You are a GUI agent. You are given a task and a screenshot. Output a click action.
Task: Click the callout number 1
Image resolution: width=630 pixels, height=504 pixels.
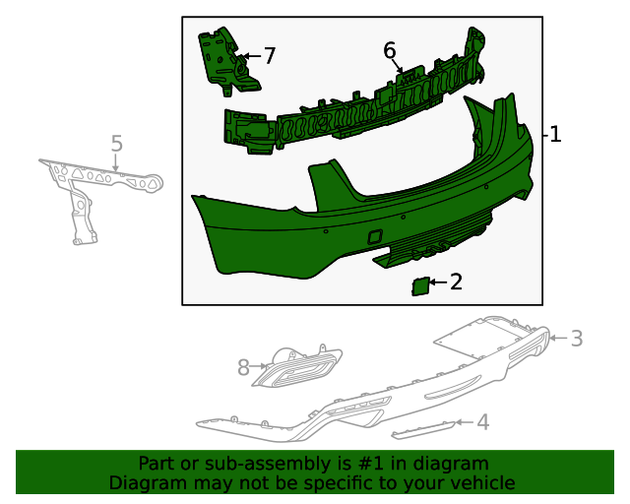click(x=555, y=135)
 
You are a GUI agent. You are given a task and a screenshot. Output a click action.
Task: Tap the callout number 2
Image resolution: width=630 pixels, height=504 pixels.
click(x=456, y=283)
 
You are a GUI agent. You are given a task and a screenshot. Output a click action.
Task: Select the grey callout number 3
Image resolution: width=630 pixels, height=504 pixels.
click(x=577, y=339)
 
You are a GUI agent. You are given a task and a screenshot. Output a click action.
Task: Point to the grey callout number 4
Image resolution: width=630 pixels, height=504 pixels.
click(x=482, y=422)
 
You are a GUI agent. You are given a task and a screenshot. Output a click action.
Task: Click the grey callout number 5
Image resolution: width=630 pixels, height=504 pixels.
click(x=116, y=145)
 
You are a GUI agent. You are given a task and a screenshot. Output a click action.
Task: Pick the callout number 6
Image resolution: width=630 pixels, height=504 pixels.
click(x=390, y=50)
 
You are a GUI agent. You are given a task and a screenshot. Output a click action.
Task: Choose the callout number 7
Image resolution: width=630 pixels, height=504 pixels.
click(x=269, y=56)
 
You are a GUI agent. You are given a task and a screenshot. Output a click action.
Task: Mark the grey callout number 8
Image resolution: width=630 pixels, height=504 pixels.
click(x=244, y=367)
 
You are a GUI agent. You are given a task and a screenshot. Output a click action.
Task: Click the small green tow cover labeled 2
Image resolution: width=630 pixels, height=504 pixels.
click(x=418, y=286)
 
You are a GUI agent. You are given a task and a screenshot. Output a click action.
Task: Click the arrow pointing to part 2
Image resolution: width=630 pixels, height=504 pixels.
click(x=439, y=283)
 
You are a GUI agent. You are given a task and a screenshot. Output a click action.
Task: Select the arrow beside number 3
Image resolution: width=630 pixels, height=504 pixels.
click(x=558, y=339)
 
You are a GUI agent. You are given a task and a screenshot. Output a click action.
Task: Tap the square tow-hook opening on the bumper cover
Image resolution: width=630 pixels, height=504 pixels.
click(x=376, y=237)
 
